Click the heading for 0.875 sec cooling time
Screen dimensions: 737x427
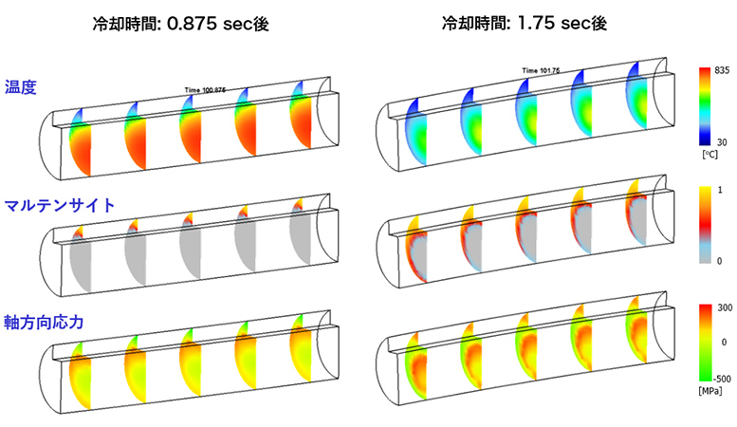(180, 24)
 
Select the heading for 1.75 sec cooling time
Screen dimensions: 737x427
(525, 23)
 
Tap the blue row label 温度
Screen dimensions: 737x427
(21, 87)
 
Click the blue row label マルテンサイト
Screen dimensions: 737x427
(60, 205)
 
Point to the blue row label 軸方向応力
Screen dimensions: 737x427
(44, 322)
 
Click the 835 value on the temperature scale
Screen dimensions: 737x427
(722, 70)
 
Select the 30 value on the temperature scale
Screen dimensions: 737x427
(722, 141)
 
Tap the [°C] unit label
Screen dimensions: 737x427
(709, 154)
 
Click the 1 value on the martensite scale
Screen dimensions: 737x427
(720, 190)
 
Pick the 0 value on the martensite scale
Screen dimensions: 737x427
(720, 261)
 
